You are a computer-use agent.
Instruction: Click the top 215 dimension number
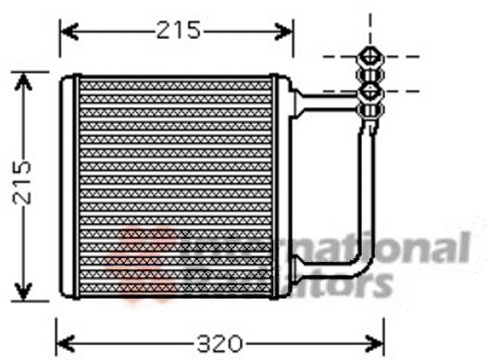(x=178, y=31)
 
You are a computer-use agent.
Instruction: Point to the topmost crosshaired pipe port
(x=370, y=54)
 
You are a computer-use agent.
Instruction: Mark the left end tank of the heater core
(x=67, y=185)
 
